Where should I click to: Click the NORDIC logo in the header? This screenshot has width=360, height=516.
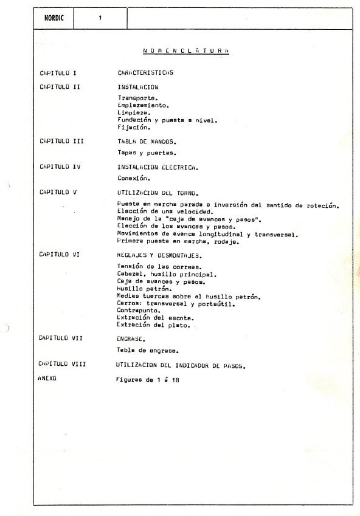click(54, 18)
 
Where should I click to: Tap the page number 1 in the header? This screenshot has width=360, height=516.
click(100, 18)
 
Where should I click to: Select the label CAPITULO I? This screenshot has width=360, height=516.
click(58, 73)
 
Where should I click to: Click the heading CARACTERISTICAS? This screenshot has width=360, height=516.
click(145, 73)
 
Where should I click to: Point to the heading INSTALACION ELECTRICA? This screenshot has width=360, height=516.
click(158, 167)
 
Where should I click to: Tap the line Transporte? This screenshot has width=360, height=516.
click(137, 97)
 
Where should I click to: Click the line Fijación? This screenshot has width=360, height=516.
click(134, 128)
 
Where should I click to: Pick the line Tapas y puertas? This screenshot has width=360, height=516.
click(147, 153)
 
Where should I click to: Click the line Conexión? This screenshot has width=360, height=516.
click(134, 179)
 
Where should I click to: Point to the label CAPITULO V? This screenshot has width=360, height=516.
click(58, 192)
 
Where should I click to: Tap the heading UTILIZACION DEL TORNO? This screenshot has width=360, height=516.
click(155, 192)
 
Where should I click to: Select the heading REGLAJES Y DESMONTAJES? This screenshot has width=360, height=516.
click(159, 256)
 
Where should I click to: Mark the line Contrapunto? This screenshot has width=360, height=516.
click(139, 310)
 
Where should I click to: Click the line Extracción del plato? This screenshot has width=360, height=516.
click(153, 325)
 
